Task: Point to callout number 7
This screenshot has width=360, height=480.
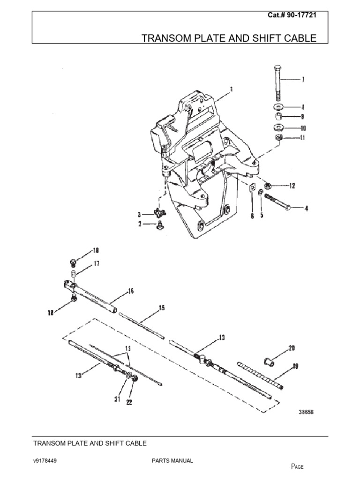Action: click(303, 80)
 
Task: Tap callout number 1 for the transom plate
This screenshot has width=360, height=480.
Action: click(231, 88)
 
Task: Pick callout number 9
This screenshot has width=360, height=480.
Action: click(303, 117)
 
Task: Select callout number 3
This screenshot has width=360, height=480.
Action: click(139, 215)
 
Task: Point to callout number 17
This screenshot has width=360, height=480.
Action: click(96, 264)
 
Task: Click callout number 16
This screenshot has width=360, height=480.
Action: click(130, 291)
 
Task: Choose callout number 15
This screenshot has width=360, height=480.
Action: click(162, 308)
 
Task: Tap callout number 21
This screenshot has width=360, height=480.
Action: click(117, 399)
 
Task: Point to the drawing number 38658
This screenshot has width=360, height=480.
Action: click(306, 412)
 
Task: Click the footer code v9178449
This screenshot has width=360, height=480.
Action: click(45, 461)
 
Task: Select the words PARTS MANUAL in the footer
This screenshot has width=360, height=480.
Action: click(172, 461)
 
